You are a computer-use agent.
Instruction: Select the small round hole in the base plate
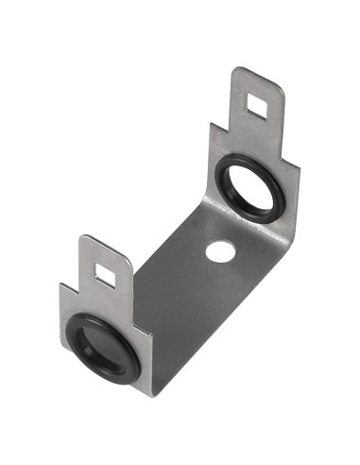pyautogui.click(x=219, y=250)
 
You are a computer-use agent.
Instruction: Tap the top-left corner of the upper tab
pyautogui.click(x=237, y=68)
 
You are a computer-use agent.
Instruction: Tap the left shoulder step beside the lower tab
pyautogui.click(x=61, y=284)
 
